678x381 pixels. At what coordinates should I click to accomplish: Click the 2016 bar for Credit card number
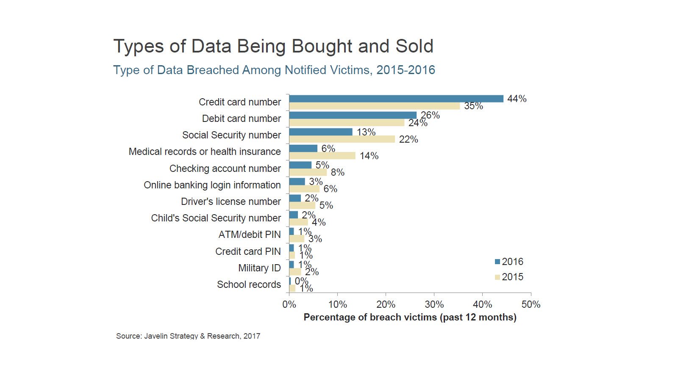396,99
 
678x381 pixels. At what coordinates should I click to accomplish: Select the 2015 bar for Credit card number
375,106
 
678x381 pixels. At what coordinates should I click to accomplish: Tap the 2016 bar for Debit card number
353,115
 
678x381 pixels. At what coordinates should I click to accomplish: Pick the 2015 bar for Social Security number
342,139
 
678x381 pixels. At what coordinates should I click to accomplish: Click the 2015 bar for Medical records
322,156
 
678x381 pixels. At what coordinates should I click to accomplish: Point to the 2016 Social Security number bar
321,132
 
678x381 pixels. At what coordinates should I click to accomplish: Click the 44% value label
517,99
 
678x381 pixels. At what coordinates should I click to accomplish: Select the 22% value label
408,139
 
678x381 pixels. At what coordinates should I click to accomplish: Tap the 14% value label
369,156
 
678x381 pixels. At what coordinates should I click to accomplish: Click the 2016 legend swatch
497,262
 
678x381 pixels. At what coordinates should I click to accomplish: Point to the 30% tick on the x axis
434,304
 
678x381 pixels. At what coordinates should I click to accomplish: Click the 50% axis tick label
531,304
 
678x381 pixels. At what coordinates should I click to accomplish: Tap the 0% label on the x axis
289,304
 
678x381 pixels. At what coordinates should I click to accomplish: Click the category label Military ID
259,268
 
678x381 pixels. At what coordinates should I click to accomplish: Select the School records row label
249,284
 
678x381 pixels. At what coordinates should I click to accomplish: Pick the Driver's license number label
231,202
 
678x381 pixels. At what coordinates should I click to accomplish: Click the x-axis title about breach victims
410,317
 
